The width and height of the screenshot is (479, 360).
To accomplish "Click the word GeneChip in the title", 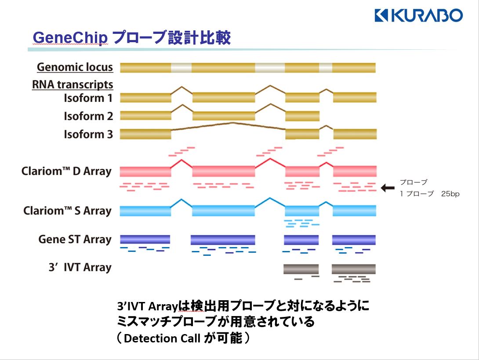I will pos(70,38).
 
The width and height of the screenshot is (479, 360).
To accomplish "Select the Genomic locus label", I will pos(75,67).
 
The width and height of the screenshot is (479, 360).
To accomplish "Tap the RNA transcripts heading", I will pos(73,84).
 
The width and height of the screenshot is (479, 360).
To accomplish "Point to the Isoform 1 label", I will pos(88,98).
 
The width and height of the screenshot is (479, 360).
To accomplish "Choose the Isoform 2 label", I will pos(88,116).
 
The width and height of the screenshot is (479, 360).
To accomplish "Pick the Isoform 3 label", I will pos(88,134).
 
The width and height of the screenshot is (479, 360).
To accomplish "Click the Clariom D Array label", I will pos(66,171).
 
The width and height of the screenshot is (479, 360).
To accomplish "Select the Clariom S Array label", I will pos(67,211).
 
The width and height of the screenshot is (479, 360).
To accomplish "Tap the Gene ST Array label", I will pos(75,240).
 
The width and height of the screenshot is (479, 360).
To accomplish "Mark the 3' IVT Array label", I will pos(80,267).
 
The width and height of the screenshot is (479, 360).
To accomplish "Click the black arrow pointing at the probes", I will pos(388,188).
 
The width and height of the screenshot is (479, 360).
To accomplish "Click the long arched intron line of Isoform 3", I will pos(229,124).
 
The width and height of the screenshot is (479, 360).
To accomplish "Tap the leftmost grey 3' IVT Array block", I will pos(301,269).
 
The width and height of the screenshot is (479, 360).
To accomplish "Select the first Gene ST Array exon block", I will pos(145,240).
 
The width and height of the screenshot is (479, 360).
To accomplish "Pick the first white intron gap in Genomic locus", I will pos(181,68).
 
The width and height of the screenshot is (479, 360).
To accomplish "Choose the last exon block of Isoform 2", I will pos(302,116).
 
